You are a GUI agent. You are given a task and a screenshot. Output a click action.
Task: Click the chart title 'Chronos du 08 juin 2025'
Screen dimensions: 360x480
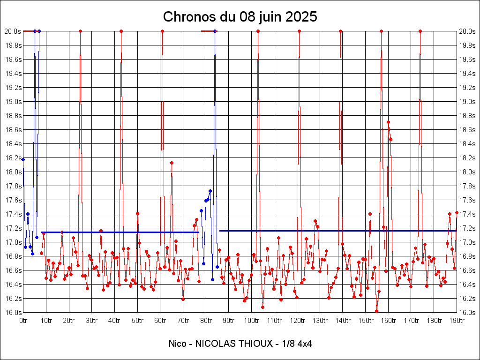240,17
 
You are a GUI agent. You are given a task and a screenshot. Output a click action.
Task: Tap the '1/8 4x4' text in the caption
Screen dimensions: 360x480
297,344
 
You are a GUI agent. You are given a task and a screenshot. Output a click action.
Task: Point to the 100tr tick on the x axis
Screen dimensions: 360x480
252,321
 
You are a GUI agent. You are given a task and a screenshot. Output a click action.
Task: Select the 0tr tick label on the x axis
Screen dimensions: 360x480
23,321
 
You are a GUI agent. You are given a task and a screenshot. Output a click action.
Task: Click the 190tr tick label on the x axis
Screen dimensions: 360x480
457,321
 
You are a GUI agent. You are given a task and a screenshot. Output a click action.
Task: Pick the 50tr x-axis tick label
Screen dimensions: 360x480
137,321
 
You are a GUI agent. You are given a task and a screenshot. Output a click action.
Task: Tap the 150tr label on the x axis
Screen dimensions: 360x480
366,321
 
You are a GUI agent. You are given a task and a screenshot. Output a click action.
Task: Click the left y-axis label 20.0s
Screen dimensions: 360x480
13,31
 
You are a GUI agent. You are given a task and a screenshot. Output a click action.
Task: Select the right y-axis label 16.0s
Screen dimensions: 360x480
468,313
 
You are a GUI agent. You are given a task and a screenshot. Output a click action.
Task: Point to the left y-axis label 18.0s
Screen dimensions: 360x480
13,172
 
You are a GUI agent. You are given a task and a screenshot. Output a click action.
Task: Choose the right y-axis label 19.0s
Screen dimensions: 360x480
468,102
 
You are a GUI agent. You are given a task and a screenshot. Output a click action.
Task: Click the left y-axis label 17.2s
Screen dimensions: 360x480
13,228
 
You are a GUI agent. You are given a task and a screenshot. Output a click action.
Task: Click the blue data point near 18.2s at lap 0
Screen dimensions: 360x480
23,160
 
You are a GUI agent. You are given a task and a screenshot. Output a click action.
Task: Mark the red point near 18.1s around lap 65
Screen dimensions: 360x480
172,163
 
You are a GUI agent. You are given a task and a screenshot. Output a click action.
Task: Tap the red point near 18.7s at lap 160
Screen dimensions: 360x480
388,122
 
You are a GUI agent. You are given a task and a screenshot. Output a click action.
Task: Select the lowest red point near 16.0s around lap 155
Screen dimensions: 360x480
376,311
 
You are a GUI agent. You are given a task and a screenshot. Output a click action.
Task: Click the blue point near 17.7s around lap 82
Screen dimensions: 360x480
210,191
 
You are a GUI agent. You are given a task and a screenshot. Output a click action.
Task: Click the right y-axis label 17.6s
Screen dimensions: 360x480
468,200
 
